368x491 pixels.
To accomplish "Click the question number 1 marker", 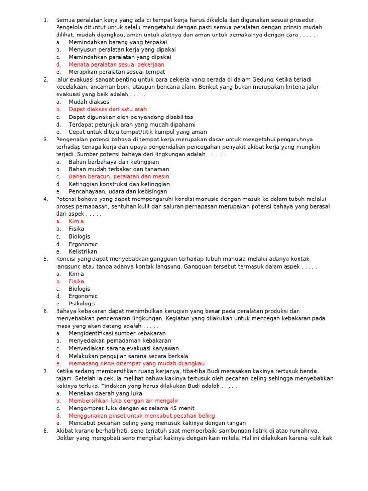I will coord(46,20).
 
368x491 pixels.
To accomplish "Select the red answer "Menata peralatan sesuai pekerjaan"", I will coord(116,64).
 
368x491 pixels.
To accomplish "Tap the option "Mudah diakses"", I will coord(89,102).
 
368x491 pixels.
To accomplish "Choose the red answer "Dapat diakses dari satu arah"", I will coord(107,109).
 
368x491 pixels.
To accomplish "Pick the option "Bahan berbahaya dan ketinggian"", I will coord(114,162).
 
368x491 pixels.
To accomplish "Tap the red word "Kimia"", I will coord(76,222).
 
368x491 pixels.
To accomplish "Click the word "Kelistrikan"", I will coord(83,251).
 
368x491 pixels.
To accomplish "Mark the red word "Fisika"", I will coord(76,281).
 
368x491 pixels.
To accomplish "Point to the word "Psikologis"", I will coord(82,304).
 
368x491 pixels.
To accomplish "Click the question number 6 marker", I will coord(46,311).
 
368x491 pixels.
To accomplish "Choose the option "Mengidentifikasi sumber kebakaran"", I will coord(117,333).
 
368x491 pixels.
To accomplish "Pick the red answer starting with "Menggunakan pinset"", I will coord(141,416).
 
